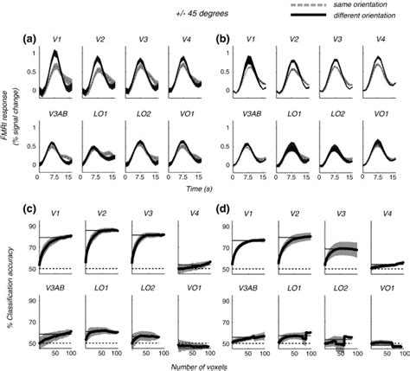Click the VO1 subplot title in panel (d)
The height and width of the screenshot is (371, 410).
[377, 290]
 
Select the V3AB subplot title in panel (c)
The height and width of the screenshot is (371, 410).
[58, 290]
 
